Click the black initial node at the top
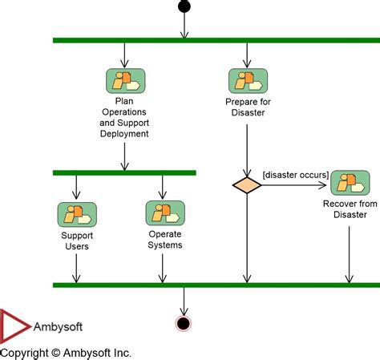184,7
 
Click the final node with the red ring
184,323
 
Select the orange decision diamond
247,185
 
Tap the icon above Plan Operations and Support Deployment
124,81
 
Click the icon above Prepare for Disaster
247,81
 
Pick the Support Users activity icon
76,214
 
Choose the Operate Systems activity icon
164,213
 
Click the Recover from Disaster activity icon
350,184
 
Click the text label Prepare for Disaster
247,107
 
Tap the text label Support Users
75,241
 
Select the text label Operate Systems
165,240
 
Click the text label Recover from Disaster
350,209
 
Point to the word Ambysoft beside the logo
58,327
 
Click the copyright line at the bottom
66,352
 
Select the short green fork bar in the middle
124,172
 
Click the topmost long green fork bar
216,40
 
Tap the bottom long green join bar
216,285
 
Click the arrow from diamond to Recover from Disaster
295,185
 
